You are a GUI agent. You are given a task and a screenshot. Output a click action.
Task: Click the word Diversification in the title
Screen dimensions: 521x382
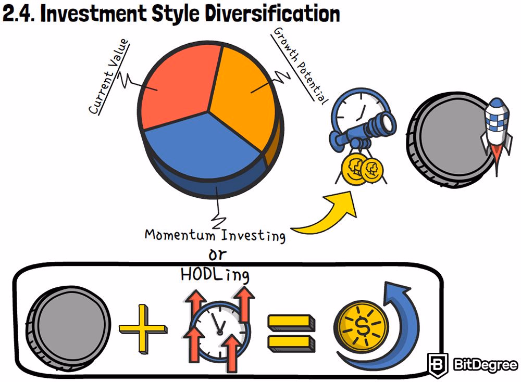click(272, 14)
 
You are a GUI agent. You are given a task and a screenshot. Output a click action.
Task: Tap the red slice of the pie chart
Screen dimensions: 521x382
click(176, 87)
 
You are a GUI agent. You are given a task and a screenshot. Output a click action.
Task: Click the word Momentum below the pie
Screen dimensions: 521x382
click(180, 235)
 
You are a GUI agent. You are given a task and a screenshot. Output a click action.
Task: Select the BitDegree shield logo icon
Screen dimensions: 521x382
click(438, 365)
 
